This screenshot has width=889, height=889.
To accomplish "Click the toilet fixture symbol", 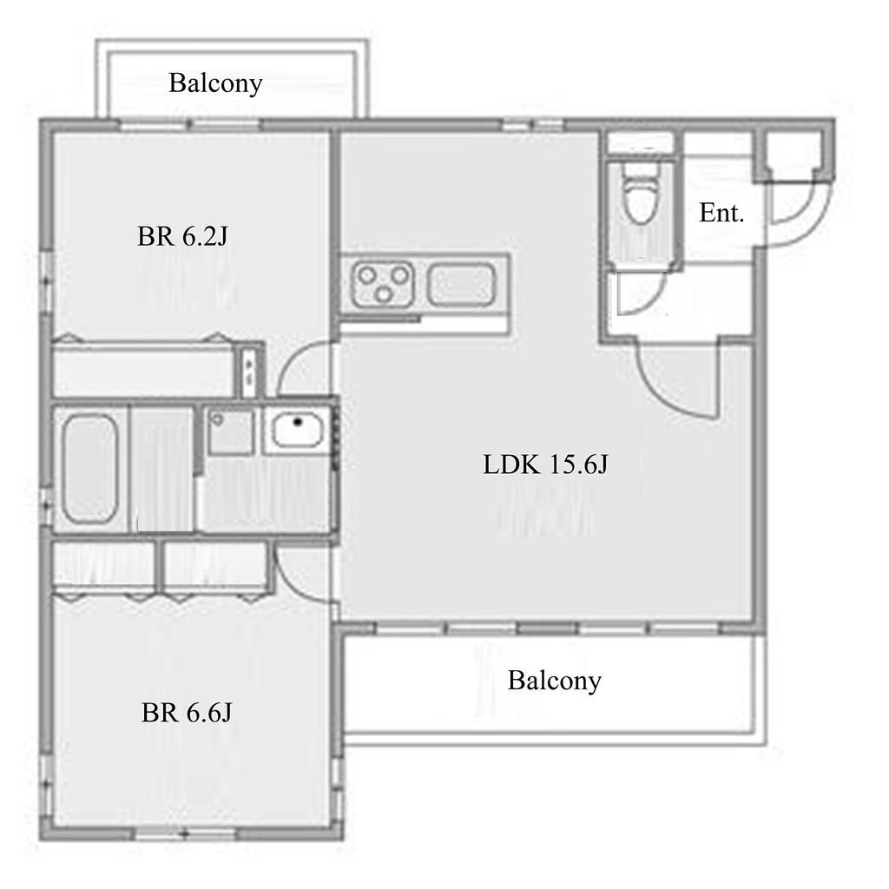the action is [640, 193].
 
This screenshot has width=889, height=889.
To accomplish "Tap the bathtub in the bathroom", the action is [89, 468].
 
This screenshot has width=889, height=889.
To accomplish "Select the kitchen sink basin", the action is [462, 284].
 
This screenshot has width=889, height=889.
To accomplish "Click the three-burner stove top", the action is [383, 284].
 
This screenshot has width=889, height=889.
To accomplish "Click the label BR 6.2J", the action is [182, 236].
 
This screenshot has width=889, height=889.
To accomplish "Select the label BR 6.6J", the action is [187, 713].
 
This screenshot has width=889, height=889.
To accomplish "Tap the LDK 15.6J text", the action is [545, 464].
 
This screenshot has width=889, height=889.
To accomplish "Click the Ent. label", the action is [721, 214].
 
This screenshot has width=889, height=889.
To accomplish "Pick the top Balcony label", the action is [215, 83].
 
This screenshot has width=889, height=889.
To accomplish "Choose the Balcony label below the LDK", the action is [555, 681].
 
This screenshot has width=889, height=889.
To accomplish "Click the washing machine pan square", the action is [230, 431].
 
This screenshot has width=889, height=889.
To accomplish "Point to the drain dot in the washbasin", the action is [297, 423].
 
